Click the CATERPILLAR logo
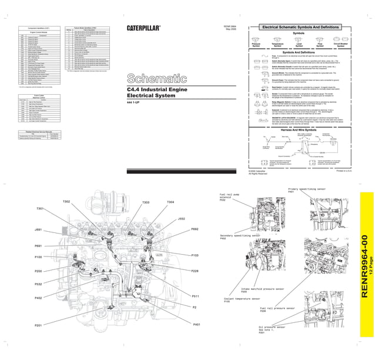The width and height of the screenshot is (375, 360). pyautogui.click(x=145, y=28)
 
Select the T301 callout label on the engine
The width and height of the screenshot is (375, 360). pyautogui.click(x=41, y=209)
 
